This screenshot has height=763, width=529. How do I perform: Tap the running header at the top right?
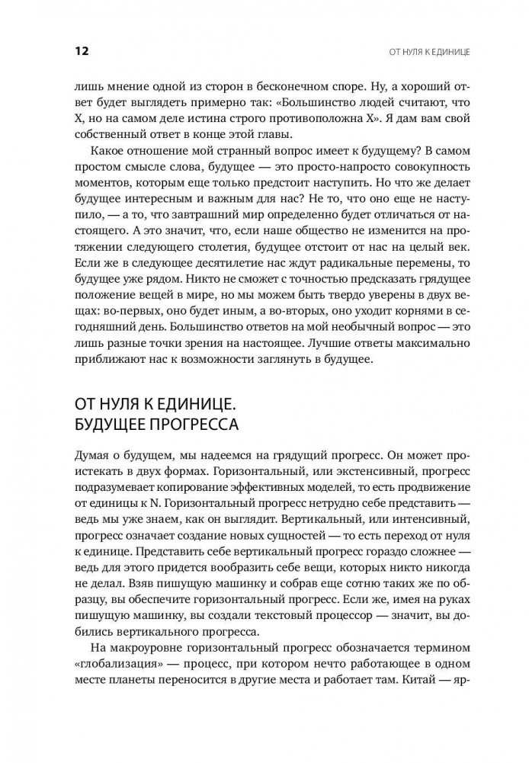[429, 52]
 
